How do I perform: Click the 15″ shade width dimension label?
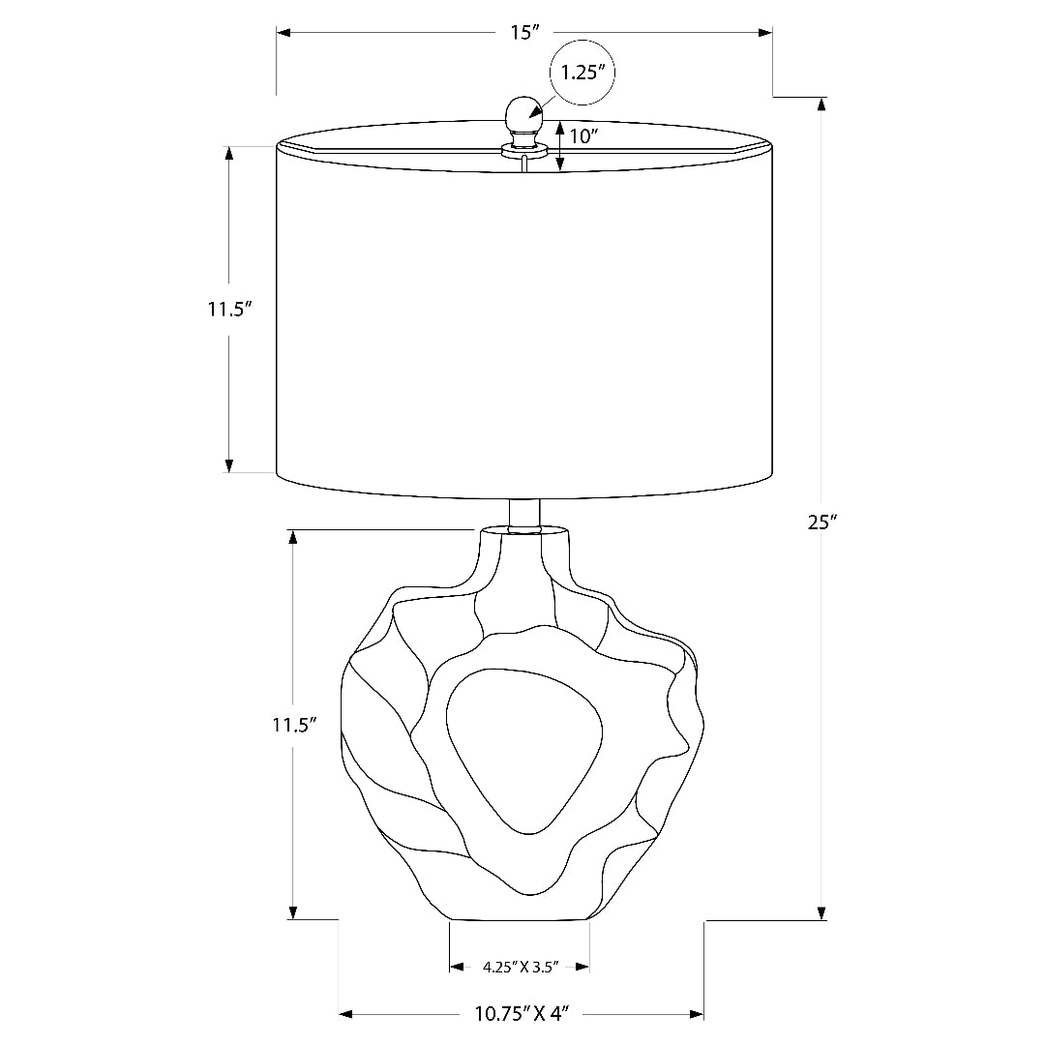(x=524, y=32)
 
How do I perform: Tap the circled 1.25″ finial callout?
(x=582, y=72)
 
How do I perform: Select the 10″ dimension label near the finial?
(x=583, y=136)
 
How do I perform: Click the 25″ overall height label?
(x=821, y=522)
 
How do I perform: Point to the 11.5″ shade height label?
(x=229, y=310)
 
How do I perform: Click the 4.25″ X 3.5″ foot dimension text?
(x=520, y=967)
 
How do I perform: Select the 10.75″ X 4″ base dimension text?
(x=522, y=1014)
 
